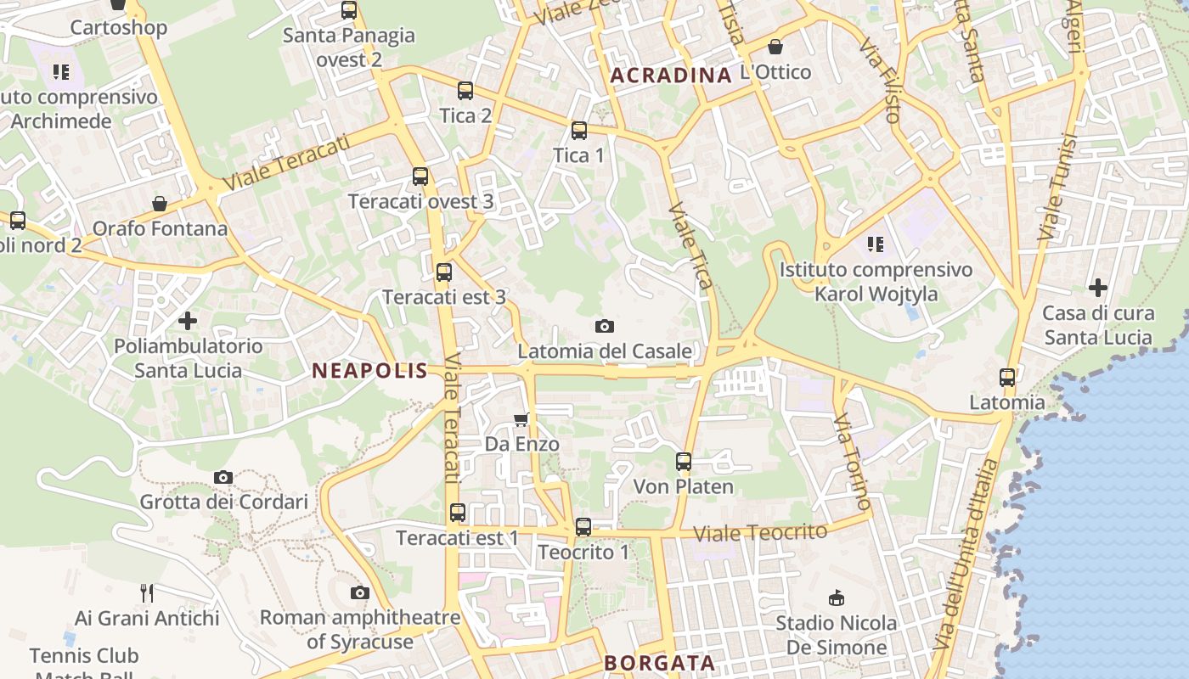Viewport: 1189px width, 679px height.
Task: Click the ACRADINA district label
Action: tap(671, 76)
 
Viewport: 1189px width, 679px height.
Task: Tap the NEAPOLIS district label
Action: tap(369, 370)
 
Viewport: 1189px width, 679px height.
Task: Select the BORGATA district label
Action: tap(659, 663)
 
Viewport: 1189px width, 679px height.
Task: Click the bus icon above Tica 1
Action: tap(579, 131)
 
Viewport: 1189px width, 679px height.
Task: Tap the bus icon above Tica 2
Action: tap(465, 91)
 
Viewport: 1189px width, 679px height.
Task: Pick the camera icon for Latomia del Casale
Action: tap(605, 326)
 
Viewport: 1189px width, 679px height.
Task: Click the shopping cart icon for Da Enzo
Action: tap(521, 419)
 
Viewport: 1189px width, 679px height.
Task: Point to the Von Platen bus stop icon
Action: tap(684, 462)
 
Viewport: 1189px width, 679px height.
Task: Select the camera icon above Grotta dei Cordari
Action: tap(223, 477)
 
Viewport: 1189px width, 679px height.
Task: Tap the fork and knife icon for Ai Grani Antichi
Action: tap(147, 592)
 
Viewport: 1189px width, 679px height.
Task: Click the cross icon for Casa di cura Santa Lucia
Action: tap(1098, 288)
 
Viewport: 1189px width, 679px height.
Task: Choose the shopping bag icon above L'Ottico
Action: tap(775, 47)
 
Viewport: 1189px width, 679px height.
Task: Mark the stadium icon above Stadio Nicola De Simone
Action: tap(837, 598)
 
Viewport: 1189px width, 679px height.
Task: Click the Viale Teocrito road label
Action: tap(760, 533)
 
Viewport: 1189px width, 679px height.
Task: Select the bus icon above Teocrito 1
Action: tap(583, 527)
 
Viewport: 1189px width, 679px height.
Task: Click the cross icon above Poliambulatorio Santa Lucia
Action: tap(188, 321)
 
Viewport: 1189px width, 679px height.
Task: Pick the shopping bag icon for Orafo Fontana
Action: tap(160, 204)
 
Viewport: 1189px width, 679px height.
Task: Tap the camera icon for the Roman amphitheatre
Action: tap(360, 592)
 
